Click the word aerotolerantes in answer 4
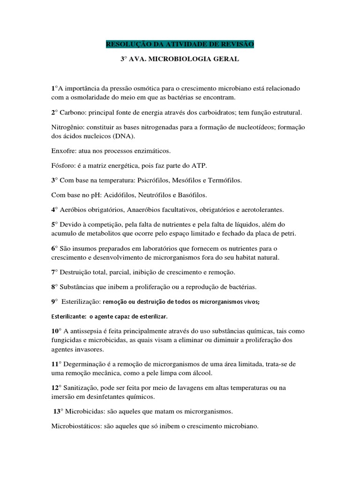[257, 209]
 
